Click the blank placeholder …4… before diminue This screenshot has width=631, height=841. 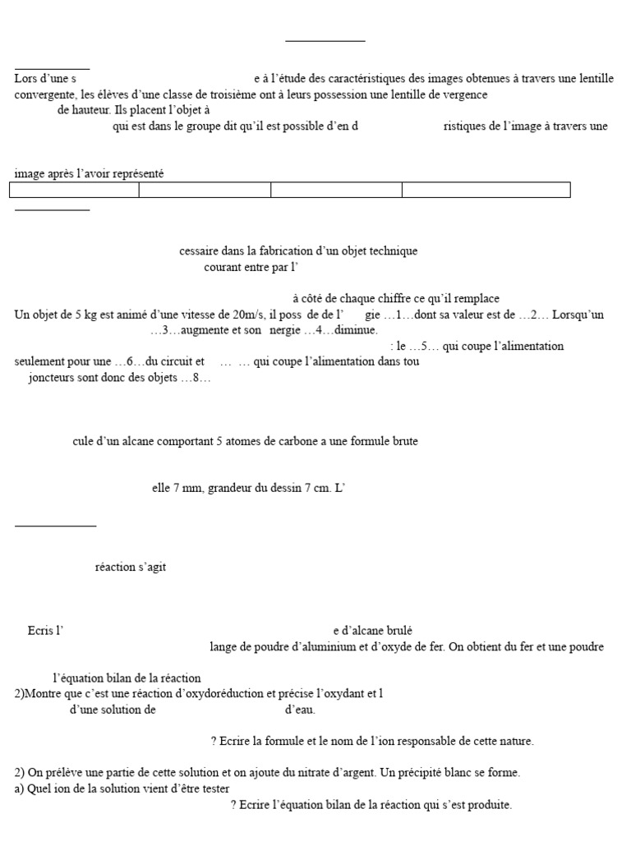click(x=320, y=330)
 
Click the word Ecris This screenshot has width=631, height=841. click(x=40, y=631)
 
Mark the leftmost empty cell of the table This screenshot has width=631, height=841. click(x=74, y=191)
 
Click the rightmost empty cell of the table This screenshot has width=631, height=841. click(x=486, y=191)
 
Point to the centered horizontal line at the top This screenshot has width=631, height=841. click(x=325, y=40)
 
